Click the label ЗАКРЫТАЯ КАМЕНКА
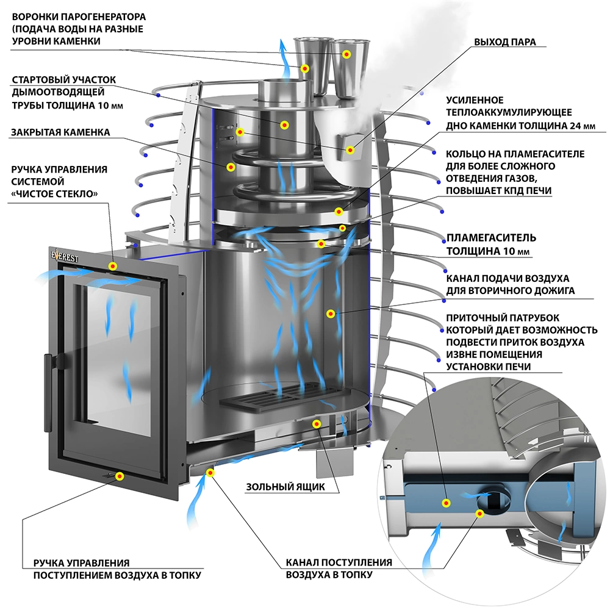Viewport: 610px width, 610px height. point(61,132)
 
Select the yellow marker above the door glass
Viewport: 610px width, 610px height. point(112,266)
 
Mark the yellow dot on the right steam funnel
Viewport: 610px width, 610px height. point(346,54)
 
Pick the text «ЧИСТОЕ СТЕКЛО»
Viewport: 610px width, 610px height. point(56,193)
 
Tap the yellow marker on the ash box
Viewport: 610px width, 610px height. point(317,423)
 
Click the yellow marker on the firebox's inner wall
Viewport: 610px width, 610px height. point(331,314)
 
